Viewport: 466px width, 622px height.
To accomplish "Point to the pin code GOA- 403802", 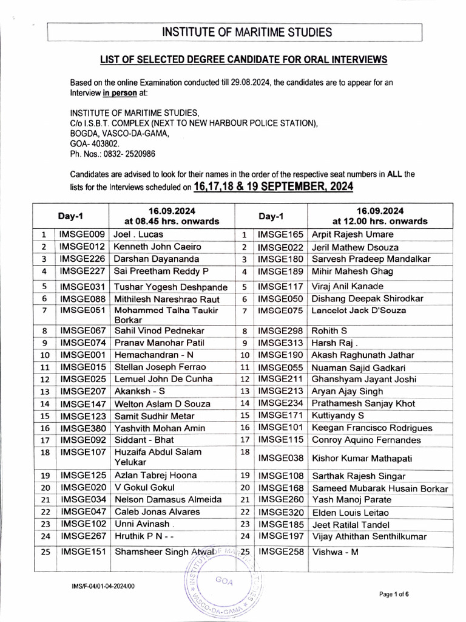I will point(95,144).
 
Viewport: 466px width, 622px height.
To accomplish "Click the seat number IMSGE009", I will point(83,234).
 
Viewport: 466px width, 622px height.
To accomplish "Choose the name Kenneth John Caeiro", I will point(157,247).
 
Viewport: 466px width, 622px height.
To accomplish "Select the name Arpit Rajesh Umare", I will point(352,234).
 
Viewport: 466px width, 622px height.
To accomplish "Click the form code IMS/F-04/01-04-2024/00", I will point(103,586).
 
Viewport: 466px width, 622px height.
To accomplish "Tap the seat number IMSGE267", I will point(83,536).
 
